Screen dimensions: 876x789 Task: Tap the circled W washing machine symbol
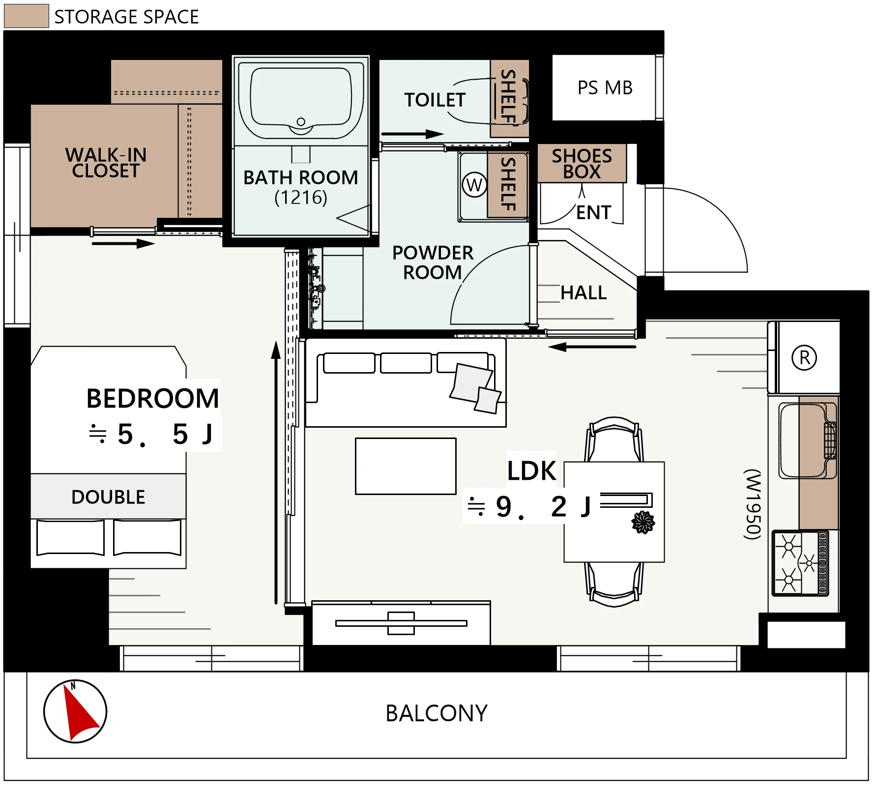(x=474, y=185)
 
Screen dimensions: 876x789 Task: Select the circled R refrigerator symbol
(x=804, y=357)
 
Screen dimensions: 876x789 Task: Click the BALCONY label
(x=437, y=713)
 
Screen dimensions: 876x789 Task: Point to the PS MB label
(x=605, y=88)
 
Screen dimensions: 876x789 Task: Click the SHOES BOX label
(x=582, y=164)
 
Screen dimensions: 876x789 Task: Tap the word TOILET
(x=435, y=100)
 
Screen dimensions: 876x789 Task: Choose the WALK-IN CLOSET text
(x=106, y=163)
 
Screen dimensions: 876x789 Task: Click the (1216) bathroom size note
(x=301, y=198)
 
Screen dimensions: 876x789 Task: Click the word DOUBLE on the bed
(x=108, y=497)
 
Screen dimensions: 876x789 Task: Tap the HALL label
(x=584, y=293)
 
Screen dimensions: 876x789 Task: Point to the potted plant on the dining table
(x=643, y=522)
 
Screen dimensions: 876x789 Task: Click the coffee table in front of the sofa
(x=406, y=466)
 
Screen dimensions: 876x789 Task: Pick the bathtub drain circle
(x=301, y=121)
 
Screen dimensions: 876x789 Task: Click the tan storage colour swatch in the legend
(x=26, y=16)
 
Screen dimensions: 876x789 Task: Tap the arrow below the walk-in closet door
(x=123, y=243)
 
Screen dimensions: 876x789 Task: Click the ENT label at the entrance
(x=594, y=213)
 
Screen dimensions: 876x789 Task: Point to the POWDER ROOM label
(x=433, y=263)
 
